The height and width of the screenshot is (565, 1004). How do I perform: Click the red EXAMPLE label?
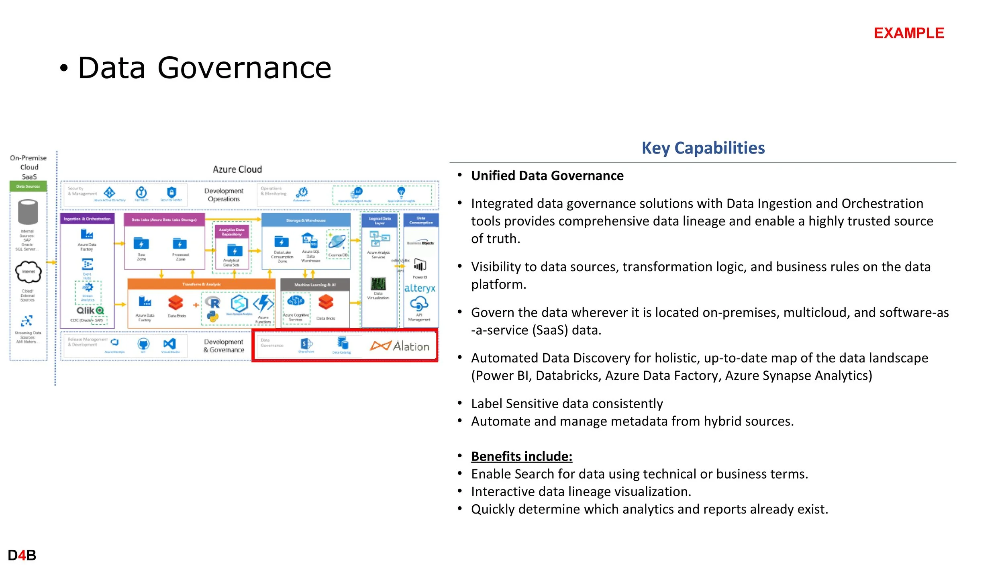pyautogui.click(x=909, y=33)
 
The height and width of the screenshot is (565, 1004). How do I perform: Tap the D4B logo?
pyautogui.click(x=22, y=555)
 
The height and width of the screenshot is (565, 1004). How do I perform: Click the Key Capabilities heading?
pyautogui.click(x=703, y=148)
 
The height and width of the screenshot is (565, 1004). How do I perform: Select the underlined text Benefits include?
pyautogui.click(x=522, y=457)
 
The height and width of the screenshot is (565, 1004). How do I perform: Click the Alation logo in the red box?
pyautogui.click(x=400, y=346)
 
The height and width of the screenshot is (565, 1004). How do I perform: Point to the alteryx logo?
pyautogui.click(x=420, y=288)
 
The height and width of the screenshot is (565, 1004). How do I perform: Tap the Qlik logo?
pyautogui.click(x=90, y=311)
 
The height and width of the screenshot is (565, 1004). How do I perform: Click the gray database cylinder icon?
pyautogui.click(x=28, y=212)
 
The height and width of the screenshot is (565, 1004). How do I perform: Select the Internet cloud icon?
pyautogui.click(x=28, y=272)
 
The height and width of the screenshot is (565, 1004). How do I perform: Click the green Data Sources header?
pyautogui.click(x=28, y=186)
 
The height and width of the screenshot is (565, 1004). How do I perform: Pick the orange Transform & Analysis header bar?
pyautogui.click(x=201, y=284)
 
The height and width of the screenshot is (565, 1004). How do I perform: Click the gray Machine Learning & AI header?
pyautogui.click(x=315, y=285)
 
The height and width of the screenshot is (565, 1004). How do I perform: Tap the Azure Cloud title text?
pyautogui.click(x=237, y=170)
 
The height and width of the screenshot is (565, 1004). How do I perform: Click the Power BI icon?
pyautogui.click(x=420, y=265)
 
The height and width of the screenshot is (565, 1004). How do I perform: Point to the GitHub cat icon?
pyautogui.click(x=143, y=344)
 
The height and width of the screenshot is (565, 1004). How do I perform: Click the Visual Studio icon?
pyautogui.click(x=169, y=344)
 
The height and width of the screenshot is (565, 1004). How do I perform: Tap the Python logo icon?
pyautogui.click(x=212, y=317)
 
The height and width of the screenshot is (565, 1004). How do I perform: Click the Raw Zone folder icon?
pyautogui.click(x=141, y=244)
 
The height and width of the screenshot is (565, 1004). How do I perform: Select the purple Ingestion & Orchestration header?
pyautogui.click(x=87, y=219)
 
